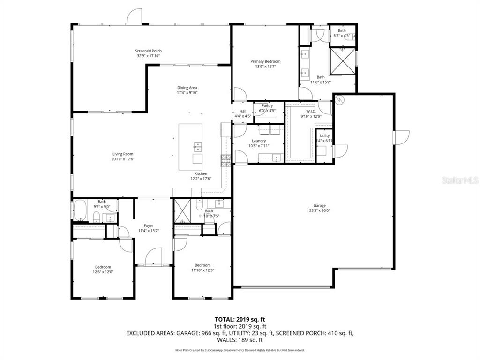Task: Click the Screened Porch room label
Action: coord(148,51)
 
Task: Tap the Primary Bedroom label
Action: coord(265,61)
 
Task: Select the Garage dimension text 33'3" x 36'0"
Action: coord(320,211)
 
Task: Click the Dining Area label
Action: coord(187,88)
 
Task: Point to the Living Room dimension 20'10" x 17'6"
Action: coord(123,159)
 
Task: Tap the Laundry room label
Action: coord(259,141)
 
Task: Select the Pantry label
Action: coord(267,105)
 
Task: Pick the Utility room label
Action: coord(324,135)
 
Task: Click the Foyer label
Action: coord(149,226)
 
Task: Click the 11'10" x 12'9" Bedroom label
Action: coord(202,265)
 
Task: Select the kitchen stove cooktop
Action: coord(225,161)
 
